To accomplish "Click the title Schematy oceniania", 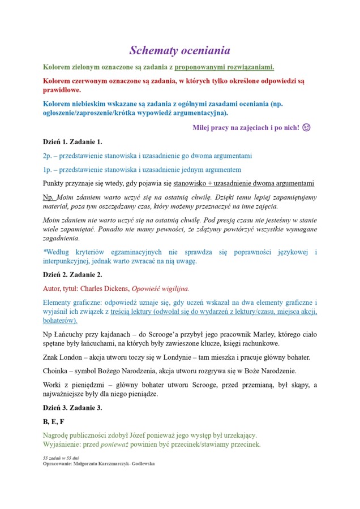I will (x=179, y=50).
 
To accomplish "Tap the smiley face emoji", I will (x=307, y=127).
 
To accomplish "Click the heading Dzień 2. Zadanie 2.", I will (x=72, y=274).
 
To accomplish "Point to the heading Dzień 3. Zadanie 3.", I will (x=72, y=407).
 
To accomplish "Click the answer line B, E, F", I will (x=54, y=421).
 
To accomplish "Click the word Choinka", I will (x=55, y=370).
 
